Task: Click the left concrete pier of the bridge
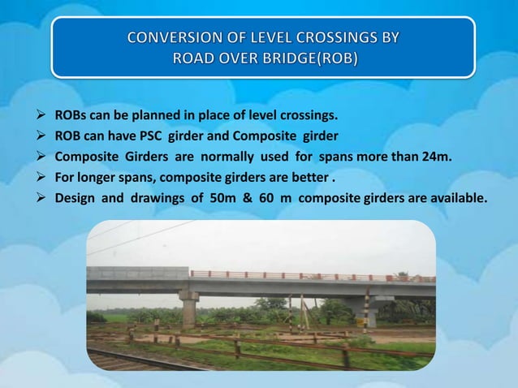click(189, 309)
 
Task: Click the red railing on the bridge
click(309, 276)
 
